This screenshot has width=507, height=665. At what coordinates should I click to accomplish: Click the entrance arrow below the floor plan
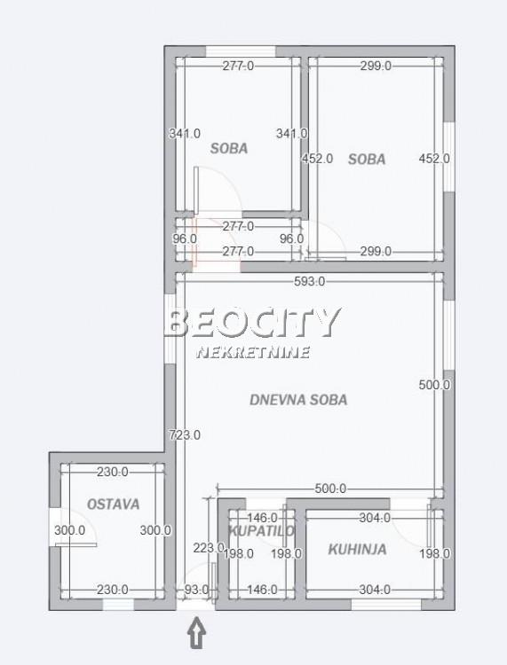click(x=196, y=633)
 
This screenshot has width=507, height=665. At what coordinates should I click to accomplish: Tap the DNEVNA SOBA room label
click(x=298, y=400)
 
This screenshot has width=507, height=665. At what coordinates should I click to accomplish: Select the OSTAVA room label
click(x=113, y=505)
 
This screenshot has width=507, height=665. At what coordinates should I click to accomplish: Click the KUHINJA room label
click(x=357, y=549)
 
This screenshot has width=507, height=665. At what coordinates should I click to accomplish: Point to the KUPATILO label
click(x=261, y=530)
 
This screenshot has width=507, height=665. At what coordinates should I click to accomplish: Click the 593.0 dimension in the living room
click(x=310, y=281)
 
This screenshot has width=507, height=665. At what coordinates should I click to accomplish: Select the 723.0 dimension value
click(x=185, y=434)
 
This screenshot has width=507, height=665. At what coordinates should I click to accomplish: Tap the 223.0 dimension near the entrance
click(x=209, y=548)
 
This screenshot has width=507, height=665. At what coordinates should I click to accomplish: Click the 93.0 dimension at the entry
click(x=196, y=590)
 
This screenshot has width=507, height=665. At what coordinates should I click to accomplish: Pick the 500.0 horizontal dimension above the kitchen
click(x=330, y=489)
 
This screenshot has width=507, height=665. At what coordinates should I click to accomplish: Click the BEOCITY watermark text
click(x=252, y=323)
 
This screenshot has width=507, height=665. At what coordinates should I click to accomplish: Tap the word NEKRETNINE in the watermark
click(x=253, y=352)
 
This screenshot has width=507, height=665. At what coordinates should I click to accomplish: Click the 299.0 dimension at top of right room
click(x=376, y=66)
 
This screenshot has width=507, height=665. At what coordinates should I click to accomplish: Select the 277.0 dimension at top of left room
click(x=238, y=66)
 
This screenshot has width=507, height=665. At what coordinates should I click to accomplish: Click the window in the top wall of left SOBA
click(x=241, y=51)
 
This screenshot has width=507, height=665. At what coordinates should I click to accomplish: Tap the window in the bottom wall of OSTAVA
click(x=118, y=605)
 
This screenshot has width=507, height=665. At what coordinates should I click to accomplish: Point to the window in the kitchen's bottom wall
click(x=386, y=605)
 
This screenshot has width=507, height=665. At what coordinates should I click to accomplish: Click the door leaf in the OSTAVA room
click(x=76, y=544)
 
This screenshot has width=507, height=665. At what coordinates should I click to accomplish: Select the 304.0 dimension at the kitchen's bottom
click(x=375, y=590)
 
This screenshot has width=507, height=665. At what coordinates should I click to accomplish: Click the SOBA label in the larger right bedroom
click(x=367, y=160)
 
